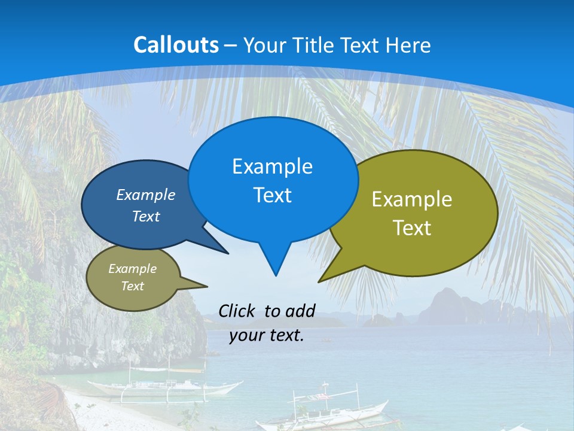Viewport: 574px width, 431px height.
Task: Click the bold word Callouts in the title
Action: [176, 45]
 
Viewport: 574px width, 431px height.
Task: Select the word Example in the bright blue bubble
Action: [272, 166]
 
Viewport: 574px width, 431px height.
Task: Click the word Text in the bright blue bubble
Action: [272, 195]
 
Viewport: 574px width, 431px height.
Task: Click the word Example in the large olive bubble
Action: [412, 199]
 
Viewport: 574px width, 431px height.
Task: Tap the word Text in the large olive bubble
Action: [412, 228]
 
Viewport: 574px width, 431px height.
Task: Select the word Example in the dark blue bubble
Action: [146, 195]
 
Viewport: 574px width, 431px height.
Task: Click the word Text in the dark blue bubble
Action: [146, 217]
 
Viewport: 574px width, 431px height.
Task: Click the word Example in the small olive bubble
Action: [132, 269]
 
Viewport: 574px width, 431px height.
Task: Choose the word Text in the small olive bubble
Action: [132, 286]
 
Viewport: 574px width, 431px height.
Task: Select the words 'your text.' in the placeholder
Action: [267, 336]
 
